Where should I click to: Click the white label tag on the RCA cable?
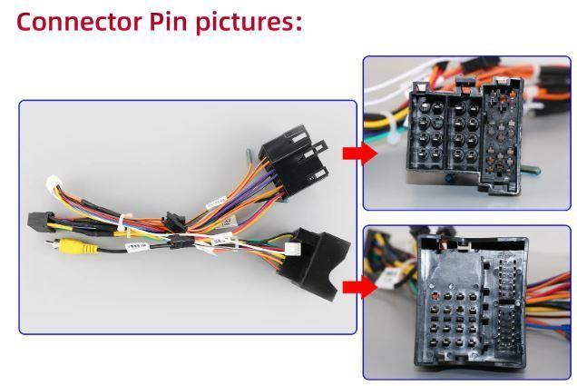[x=138, y=245]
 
